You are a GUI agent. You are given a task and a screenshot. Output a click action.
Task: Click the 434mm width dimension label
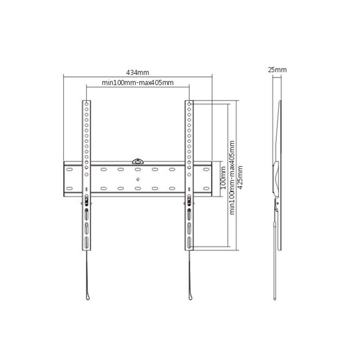[x=138, y=72]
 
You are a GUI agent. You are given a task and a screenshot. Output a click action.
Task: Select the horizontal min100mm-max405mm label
[x=138, y=82]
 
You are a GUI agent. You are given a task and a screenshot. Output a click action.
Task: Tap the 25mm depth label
[x=277, y=70]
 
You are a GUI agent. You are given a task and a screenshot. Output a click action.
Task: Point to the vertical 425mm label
[x=240, y=178]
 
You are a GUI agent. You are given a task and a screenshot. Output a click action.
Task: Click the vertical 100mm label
[x=223, y=178]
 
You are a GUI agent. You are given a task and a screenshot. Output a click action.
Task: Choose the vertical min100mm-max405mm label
[x=232, y=178]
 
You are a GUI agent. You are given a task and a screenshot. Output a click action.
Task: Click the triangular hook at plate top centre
[x=138, y=161]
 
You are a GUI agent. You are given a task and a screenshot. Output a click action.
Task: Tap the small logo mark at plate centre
[x=138, y=180]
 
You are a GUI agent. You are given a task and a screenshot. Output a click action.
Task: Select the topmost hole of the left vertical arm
[x=86, y=104]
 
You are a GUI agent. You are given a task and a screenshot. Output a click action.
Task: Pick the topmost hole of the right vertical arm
[x=189, y=104]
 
